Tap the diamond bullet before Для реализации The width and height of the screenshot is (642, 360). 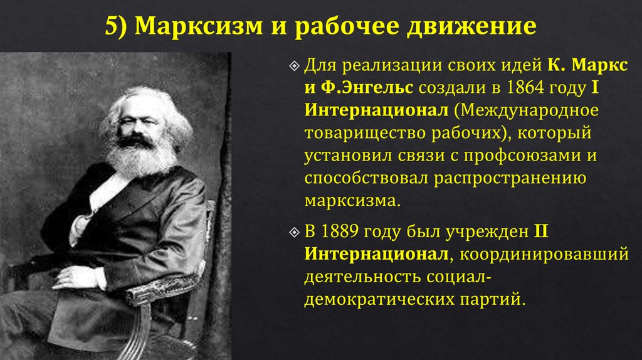point(295,66)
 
